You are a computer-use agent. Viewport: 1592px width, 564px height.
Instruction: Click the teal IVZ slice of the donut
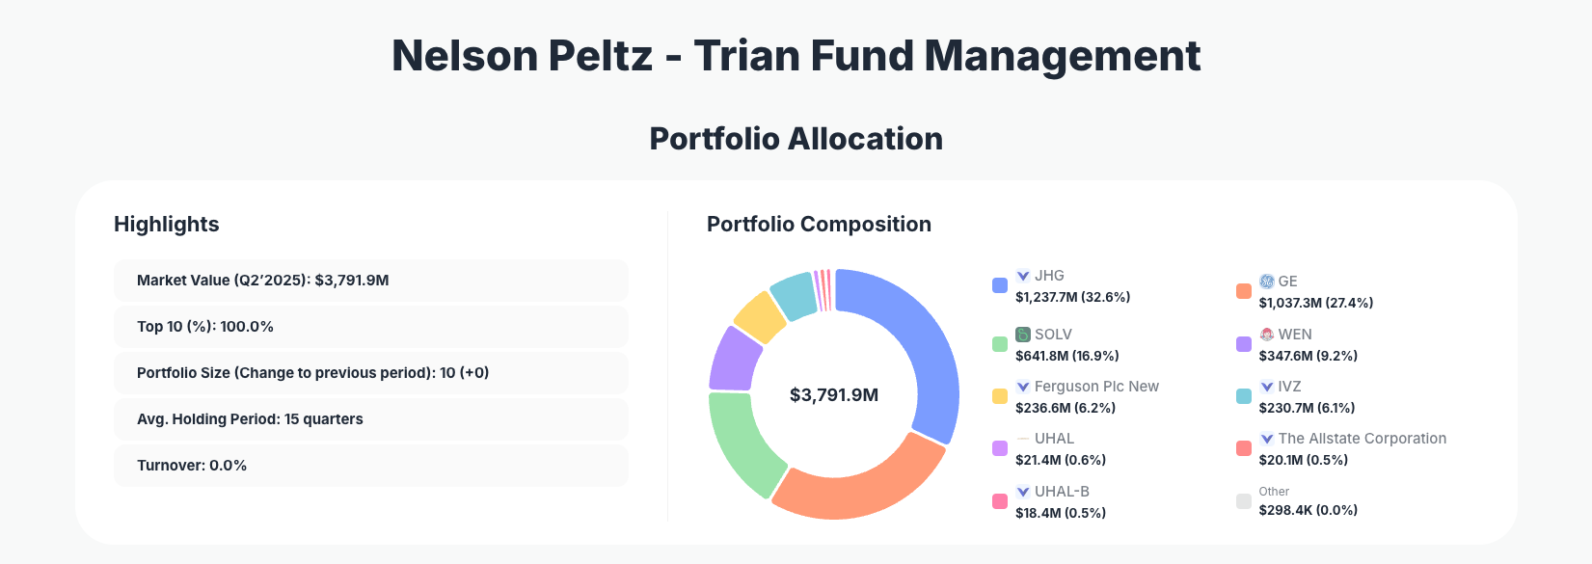[795, 297]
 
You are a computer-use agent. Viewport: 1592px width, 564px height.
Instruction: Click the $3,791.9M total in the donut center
[834, 395]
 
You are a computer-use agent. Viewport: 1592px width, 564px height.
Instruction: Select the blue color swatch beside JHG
[1000, 285]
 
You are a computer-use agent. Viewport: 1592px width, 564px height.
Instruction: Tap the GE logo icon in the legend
[1267, 282]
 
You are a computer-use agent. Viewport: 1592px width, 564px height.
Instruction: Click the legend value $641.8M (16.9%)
[1066, 356]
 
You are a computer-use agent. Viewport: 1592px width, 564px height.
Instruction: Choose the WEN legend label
[1295, 335]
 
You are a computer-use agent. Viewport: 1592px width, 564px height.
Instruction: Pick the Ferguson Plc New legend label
[1096, 387]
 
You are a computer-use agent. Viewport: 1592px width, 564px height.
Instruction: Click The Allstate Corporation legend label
[1362, 439]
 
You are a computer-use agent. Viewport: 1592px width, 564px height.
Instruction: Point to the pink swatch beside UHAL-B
[1000, 501]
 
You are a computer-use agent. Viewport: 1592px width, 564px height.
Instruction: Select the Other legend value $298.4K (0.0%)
[1308, 510]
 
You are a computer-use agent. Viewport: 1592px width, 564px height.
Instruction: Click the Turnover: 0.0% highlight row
[370, 466]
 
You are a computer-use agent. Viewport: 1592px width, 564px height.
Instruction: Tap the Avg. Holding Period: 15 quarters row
[370, 419]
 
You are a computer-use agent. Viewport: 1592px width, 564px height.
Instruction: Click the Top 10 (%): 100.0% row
[370, 327]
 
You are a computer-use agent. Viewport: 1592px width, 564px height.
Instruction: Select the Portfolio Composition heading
[819, 225]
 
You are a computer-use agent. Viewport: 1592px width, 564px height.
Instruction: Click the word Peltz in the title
[601, 56]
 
